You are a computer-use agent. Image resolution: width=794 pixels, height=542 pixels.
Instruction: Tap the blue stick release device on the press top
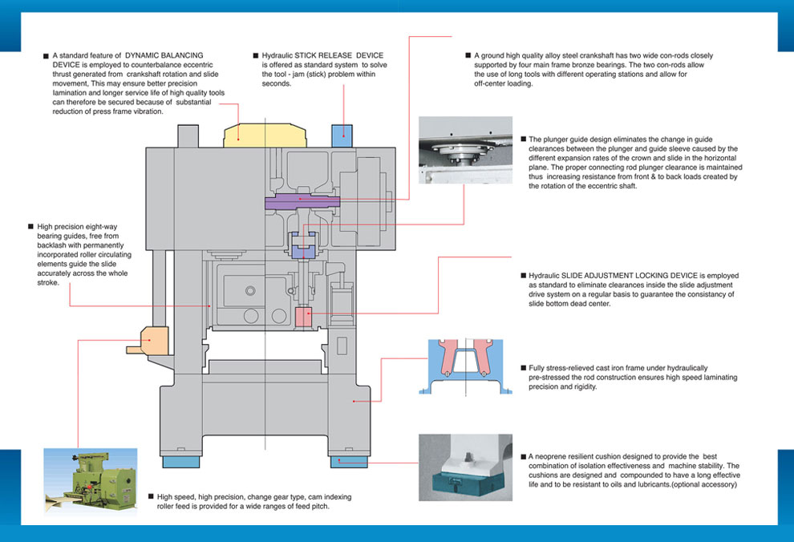click(343, 133)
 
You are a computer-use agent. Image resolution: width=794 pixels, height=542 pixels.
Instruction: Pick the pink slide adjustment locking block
click(304, 317)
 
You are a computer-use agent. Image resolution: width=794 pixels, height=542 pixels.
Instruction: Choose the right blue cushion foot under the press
click(347, 463)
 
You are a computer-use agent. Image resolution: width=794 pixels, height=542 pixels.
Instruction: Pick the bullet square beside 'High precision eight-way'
click(30, 227)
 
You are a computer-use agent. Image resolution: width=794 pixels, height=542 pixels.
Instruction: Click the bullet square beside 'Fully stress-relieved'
click(523, 367)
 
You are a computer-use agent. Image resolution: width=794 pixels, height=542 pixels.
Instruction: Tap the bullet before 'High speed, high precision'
click(150, 497)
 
